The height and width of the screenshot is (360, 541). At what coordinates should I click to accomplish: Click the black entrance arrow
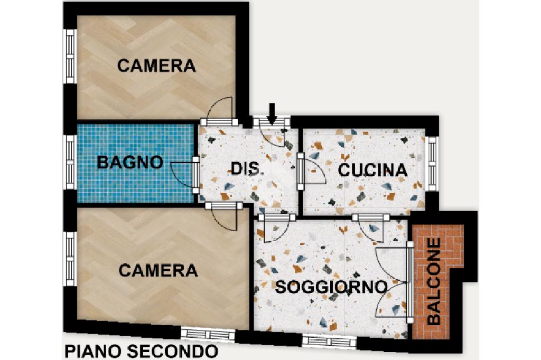(x=272, y=114)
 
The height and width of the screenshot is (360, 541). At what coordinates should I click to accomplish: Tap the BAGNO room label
(x=130, y=162)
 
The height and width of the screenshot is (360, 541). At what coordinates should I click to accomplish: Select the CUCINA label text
(x=372, y=170)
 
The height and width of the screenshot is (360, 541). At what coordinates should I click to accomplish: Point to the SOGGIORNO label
(x=331, y=287)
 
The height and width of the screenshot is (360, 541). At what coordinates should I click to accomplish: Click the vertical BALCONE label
(x=434, y=281)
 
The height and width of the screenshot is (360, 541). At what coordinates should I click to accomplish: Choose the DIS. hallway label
(x=245, y=168)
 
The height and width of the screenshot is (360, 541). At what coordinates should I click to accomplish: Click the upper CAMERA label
(x=156, y=65)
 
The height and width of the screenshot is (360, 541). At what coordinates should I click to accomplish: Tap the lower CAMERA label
(x=158, y=270)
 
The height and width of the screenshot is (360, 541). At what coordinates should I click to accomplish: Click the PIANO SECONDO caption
(x=141, y=352)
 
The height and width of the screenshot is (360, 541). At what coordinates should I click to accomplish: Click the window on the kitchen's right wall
(x=432, y=163)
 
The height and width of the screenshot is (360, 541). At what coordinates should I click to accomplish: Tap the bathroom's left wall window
(x=71, y=162)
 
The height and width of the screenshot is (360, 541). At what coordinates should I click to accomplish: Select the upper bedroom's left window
(x=70, y=56)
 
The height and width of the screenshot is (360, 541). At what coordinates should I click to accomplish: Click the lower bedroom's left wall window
(x=70, y=259)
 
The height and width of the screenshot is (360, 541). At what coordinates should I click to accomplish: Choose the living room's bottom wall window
(x=329, y=341)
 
